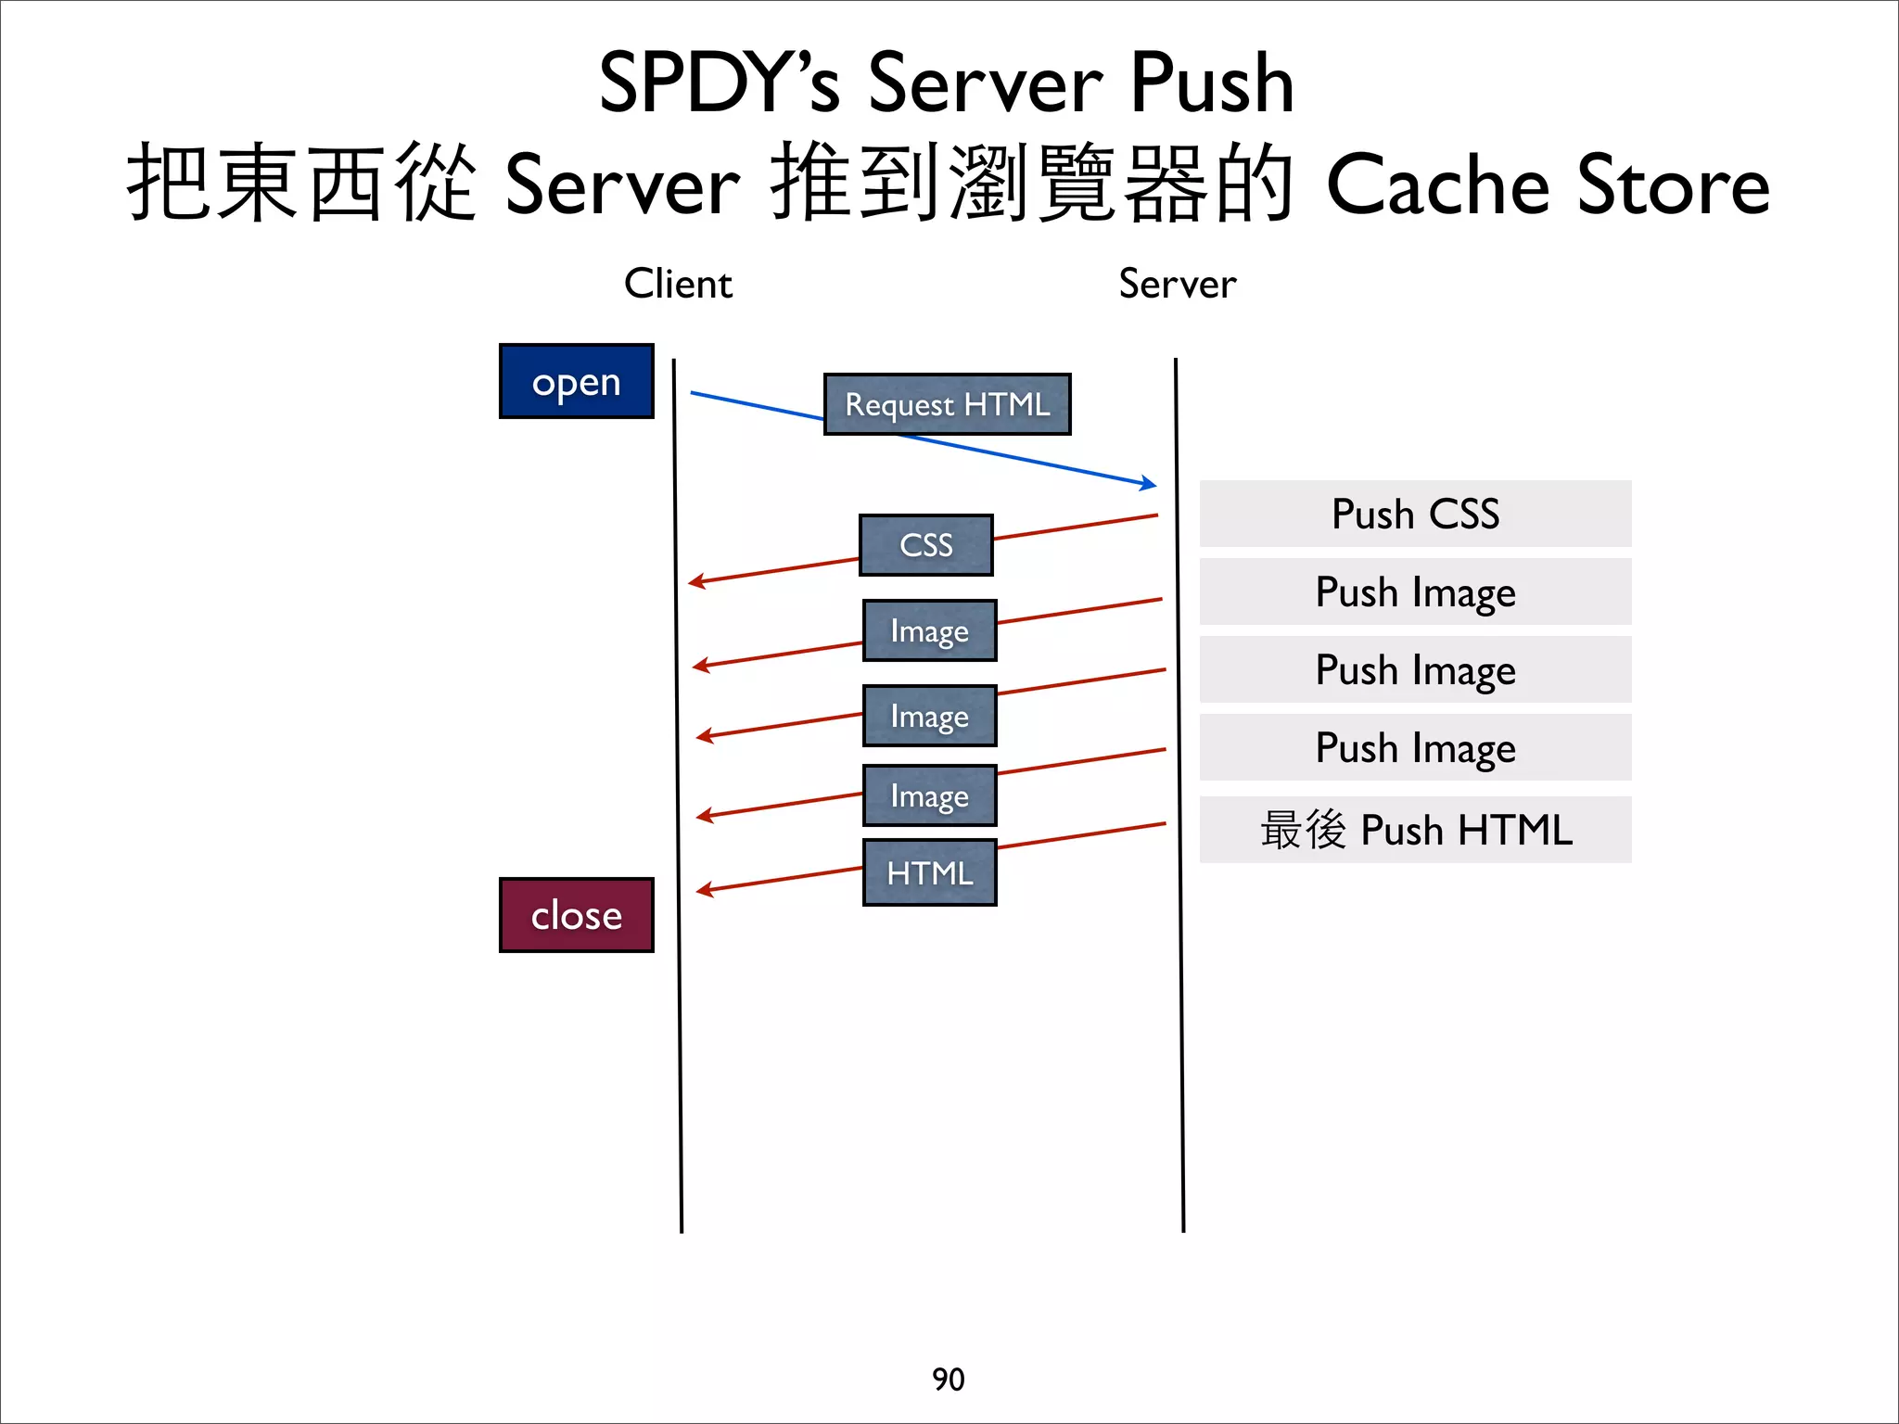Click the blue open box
point(576,381)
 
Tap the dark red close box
point(576,915)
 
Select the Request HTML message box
point(947,404)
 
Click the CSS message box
point(925,545)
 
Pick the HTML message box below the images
point(929,872)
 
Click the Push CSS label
point(1415,514)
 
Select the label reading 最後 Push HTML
point(1415,830)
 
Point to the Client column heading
point(678,284)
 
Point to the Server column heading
point(1177,284)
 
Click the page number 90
point(948,1379)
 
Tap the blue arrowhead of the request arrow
point(1150,483)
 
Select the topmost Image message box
point(929,630)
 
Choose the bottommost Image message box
point(929,795)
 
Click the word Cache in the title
point(1437,184)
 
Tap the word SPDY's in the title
point(720,83)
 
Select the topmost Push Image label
point(1415,591)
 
